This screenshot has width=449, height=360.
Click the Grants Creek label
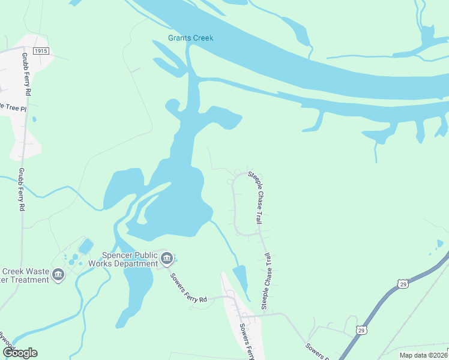point(190,38)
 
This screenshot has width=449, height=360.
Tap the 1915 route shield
point(41,52)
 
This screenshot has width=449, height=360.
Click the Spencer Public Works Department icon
point(167,259)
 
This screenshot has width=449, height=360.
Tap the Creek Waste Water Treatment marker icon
point(58,275)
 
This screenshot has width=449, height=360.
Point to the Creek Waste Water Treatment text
point(24,275)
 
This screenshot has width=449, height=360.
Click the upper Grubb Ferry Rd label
point(27,77)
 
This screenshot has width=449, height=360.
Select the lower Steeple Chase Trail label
point(265,281)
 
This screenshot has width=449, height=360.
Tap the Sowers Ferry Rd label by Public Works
point(188,286)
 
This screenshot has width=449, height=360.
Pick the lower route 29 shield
point(361,329)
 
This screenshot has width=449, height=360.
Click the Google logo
point(20,353)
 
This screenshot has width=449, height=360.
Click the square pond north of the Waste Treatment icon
point(86,246)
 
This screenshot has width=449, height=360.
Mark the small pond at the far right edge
point(440,244)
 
